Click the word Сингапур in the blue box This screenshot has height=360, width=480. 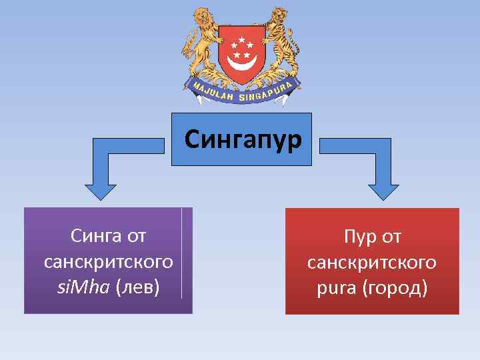(x=243, y=140)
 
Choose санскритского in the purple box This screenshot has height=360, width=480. (x=108, y=262)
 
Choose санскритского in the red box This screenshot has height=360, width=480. (x=372, y=262)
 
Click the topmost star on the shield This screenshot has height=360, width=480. (x=241, y=39)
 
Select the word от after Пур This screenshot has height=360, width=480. (x=391, y=236)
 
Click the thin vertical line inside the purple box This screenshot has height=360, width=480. (x=181, y=253)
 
